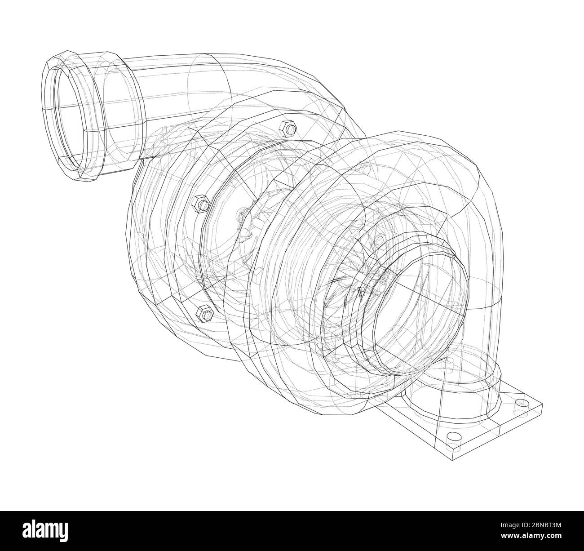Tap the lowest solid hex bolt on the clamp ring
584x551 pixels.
[x=204, y=313]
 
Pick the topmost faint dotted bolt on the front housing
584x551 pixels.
[x=366, y=170]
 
